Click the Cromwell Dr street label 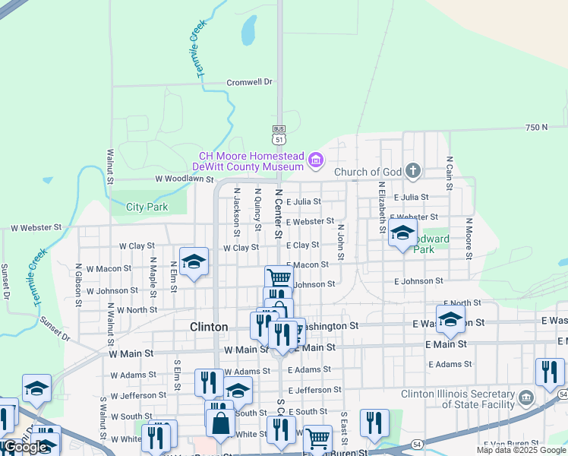tap(249, 82)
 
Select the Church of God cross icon tap(412, 170)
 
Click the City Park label tap(147, 207)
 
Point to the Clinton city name tap(208, 327)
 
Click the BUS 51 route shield tap(279, 135)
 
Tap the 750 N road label tap(535, 127)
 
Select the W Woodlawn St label tap(185, 179)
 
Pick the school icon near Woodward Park tap(402, 233)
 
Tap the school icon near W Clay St tap(194, 261)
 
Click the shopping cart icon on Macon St tap(279, 277)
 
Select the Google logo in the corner tap(26, 447)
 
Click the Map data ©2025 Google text tap(521, 450)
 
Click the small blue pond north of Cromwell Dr tap(248, 30)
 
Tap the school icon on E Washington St tap(450, 319)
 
